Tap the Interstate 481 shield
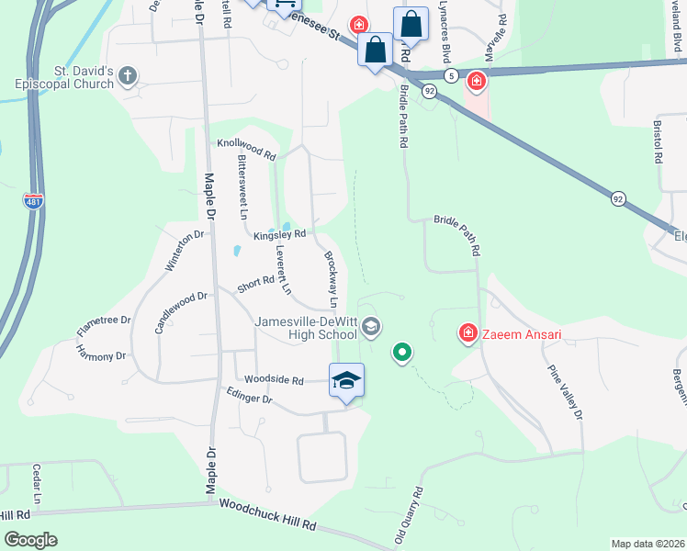(x=32, y=200)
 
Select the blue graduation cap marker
(x=347, y=382)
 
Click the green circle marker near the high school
(x=401, y=352)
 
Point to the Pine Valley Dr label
(x=564, y=394)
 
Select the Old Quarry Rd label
(x=409, y=515)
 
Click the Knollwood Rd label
(x=246, y=151)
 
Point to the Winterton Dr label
(x=184, y=252)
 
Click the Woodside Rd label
(x=274, y=379)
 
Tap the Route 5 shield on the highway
(x=450, y=74)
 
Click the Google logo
(x=31, y=539)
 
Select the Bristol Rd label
(x=658, y=140)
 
